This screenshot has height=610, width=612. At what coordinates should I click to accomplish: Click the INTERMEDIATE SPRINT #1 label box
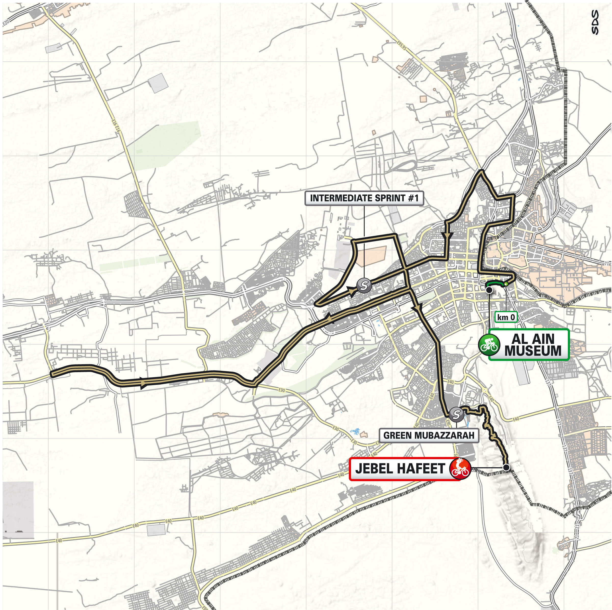tap(364, 198)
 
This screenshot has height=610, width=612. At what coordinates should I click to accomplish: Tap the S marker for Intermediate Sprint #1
tap(364, 285)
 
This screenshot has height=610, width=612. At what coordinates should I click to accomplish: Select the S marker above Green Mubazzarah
tap(457, 413)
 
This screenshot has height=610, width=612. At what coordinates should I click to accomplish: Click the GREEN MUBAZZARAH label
tap(428, 436)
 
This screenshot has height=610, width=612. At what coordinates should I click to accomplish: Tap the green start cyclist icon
tap(489, 344)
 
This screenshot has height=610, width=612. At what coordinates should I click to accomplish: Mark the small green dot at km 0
tap(506, 284)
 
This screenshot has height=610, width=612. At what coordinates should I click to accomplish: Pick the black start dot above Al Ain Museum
tap(489, 290)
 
